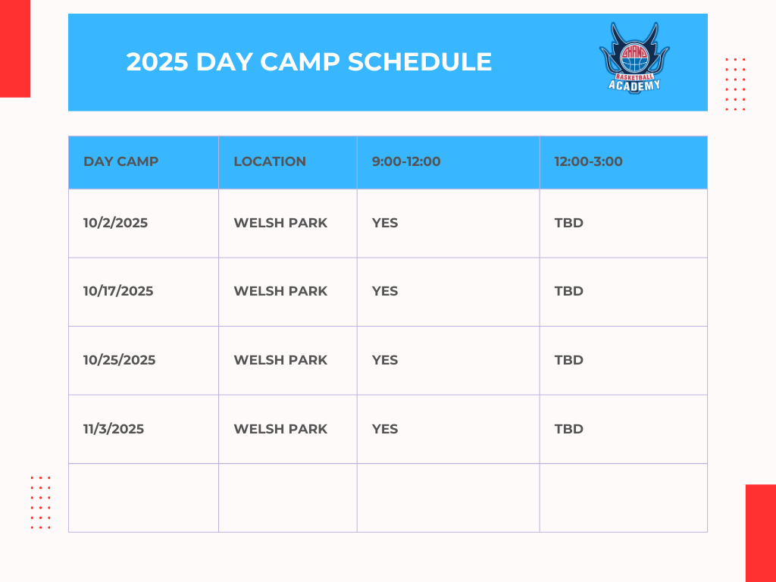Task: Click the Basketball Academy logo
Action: [634, 58]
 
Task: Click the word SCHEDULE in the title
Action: [420, 62]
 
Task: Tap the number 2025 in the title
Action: [158, 62]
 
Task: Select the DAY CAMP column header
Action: [120, 161]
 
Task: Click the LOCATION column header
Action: [270, 161]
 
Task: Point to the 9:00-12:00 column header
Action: [406, 161]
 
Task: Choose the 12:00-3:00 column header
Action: [588, 161]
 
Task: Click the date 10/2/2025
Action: [115, 223]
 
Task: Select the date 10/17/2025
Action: [118, 291]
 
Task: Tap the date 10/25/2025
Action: [119, 360]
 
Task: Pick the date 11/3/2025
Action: [114, 429]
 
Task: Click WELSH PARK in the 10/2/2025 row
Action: [280, 223]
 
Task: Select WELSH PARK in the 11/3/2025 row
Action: [280, 429]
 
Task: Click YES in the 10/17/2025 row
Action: [385, 291]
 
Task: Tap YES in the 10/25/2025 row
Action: [385, 360]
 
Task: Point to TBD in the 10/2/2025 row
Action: [568, 223]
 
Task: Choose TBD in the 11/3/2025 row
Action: [568, 429]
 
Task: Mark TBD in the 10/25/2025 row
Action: [568, 360]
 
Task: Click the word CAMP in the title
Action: [300, 62]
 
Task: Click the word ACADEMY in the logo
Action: [634, 86]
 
